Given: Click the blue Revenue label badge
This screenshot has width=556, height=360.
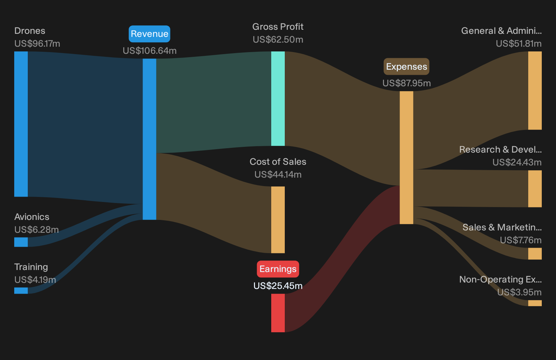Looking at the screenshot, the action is (x=149, y=34).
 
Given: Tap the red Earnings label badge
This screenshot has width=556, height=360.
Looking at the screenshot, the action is (x=278, y=269).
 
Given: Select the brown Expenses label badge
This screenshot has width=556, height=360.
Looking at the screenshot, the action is (x=406, y=67).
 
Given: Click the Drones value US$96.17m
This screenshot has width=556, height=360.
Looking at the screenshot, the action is (x=37, y=44).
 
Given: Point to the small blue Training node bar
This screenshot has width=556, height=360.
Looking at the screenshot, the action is (x=21, y=290).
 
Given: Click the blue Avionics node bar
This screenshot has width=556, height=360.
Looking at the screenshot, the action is (x=21, y=242).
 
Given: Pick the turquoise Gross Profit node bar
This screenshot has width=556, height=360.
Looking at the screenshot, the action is (x=278, y=98).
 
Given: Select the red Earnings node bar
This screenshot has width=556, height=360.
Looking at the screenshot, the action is (x=278, y=313).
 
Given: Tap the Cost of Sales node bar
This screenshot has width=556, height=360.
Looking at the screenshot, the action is (x=278, y=220).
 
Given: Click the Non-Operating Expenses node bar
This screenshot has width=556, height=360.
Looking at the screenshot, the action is (x=535, y=303).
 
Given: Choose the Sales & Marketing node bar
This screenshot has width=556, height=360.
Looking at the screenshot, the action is (x=535, y=253).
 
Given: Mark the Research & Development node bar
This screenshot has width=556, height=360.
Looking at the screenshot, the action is (x=535, y=188).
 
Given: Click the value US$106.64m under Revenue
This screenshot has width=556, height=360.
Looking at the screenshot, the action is (x=150, y=51).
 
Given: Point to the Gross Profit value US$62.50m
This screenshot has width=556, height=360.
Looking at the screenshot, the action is (x=278, y=40).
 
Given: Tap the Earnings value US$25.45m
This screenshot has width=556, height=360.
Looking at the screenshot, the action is (x=278, y=286).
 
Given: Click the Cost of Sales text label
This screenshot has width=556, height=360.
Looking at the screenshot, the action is (x=278, y=161).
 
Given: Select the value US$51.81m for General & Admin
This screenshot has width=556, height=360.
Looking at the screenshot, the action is (x=519, y=44).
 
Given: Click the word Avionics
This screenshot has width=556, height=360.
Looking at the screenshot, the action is (x=32, y=217).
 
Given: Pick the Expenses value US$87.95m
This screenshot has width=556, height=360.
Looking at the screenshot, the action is (x=407, y=83).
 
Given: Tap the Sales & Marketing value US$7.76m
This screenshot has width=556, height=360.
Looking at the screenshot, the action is (x=521, y=240).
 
